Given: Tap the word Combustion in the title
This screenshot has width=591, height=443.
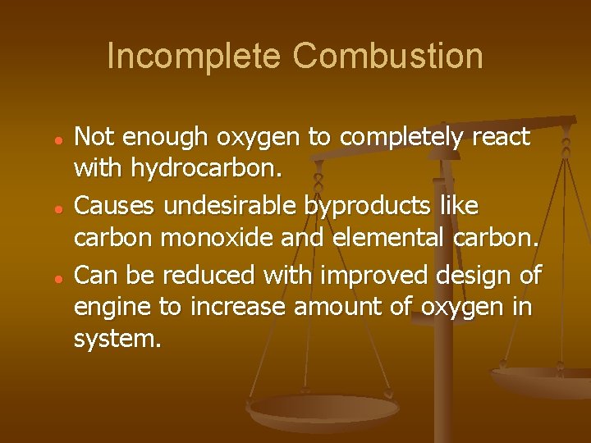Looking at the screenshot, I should point(387,57).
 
